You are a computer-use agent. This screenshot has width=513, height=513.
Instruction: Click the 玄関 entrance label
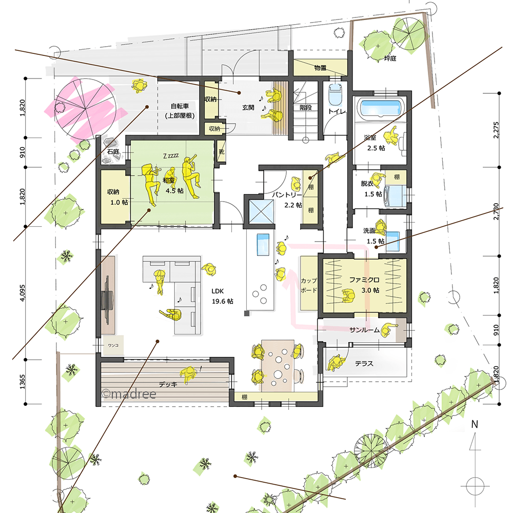(248, 107)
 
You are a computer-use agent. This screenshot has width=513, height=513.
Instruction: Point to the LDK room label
(218, 291)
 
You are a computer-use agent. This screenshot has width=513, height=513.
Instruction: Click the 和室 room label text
(169, 180)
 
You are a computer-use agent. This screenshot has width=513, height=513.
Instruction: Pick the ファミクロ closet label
(364, 280)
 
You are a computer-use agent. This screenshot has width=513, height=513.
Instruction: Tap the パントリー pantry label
(287, 195)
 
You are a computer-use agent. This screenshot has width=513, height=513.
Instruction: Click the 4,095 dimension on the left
(22, 293)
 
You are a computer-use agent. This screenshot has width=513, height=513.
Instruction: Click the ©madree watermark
(129, 393)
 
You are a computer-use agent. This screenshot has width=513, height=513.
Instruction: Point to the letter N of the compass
(475, 424)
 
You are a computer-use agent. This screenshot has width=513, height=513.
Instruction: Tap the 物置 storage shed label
(320, 68)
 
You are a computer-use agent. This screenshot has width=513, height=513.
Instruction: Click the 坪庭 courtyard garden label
(390, 58)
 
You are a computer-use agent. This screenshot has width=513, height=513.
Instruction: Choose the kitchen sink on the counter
(263, 244)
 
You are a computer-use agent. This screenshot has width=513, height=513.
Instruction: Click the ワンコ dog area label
(113, 345)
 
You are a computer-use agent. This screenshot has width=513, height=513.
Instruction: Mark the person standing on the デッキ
(188, 374)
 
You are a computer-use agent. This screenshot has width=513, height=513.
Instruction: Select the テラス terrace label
(364, 364)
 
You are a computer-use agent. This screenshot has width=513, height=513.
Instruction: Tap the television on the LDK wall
(107, 300)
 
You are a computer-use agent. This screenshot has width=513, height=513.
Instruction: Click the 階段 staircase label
(306, 107)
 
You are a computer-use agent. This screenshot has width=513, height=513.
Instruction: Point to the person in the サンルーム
(389, 329)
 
